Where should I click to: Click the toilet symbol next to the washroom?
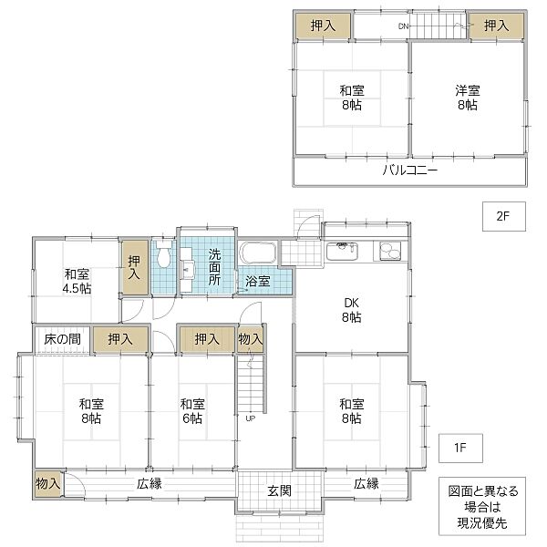pyautogui.click(x=163, y=253)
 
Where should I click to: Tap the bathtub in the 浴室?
pyautogui.click(x=260, y=254)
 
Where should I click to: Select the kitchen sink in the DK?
pyautogui.click(x=342, y=247)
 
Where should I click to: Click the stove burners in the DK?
pyautogui.click(x=389, y=248)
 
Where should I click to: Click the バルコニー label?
pyautogui.click(x=409, y=170)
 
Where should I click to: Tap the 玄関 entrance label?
pyautogui.click(x=279, y=491)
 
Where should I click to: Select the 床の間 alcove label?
pyautogui.click(x=62, y=339)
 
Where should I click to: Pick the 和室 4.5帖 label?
pyautogui.click(x=77, y=281)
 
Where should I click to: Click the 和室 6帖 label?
pyautogui.click(x=191, y=411)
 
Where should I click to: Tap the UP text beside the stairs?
pyautogui.click(x=248, y=419)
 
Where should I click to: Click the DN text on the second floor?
pyautogui.click(x=403, y=26)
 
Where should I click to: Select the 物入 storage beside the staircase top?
pyautogui.click(x=250, y=339)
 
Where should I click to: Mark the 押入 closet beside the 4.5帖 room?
pyautogui.click(x=135, y=267)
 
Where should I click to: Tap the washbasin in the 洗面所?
pyautogui.click(x=188, y=269)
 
